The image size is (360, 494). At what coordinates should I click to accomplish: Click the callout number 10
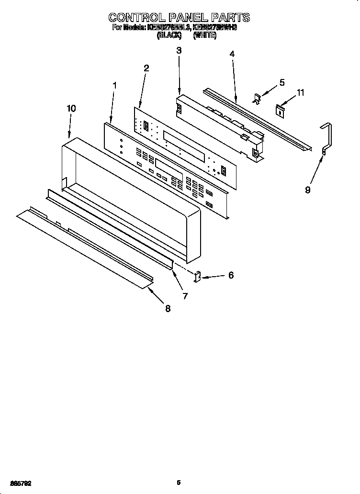[x=71, y=109]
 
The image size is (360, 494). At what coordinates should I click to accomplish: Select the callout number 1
[x=114, y=85]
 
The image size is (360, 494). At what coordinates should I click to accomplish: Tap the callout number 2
[x=146, y=68]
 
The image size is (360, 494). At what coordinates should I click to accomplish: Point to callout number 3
[x=179, y=50]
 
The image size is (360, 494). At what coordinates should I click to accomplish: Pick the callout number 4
[x=232, y=54]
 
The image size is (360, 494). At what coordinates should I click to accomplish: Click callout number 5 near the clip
[x=282, y=82]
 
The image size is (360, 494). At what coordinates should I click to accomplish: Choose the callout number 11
[x=301, y=92]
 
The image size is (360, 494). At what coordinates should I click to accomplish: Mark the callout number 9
[x=307, y=190]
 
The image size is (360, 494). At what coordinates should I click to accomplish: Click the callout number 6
[x=231, y=275]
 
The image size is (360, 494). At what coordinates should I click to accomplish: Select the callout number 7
[x=185, y=296]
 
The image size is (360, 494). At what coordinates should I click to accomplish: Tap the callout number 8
[x=168, y=309]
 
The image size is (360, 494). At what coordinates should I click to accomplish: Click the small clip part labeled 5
[x=257, y=99]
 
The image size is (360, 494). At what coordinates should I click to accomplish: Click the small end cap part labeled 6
[x=197, y=276]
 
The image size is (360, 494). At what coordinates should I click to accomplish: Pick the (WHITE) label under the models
[x=205, y=35]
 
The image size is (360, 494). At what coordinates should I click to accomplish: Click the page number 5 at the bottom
[x=178, y=483]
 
